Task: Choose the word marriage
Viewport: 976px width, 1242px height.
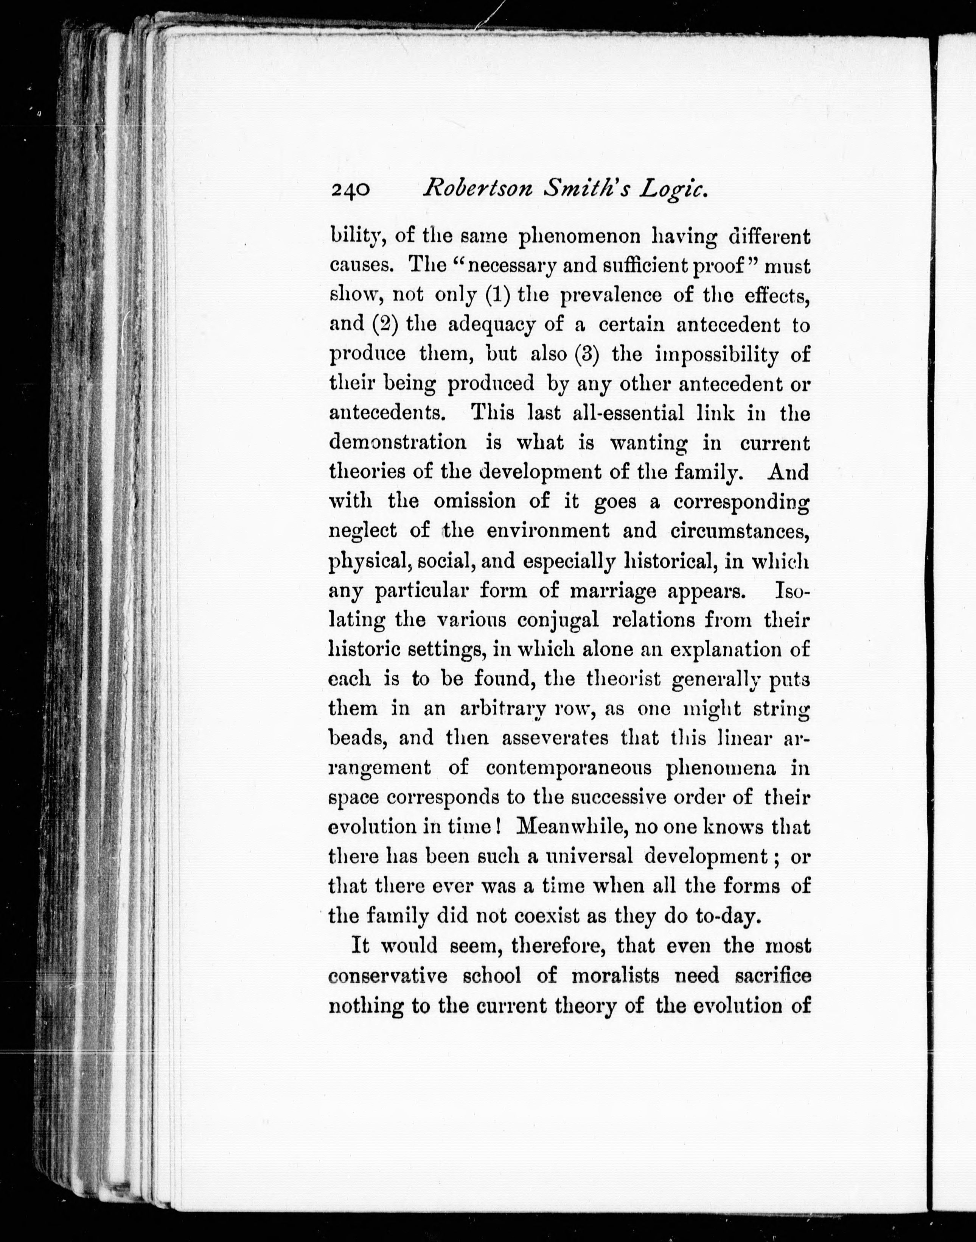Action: tap(613, 590)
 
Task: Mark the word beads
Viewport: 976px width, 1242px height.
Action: tap(355, 738)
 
